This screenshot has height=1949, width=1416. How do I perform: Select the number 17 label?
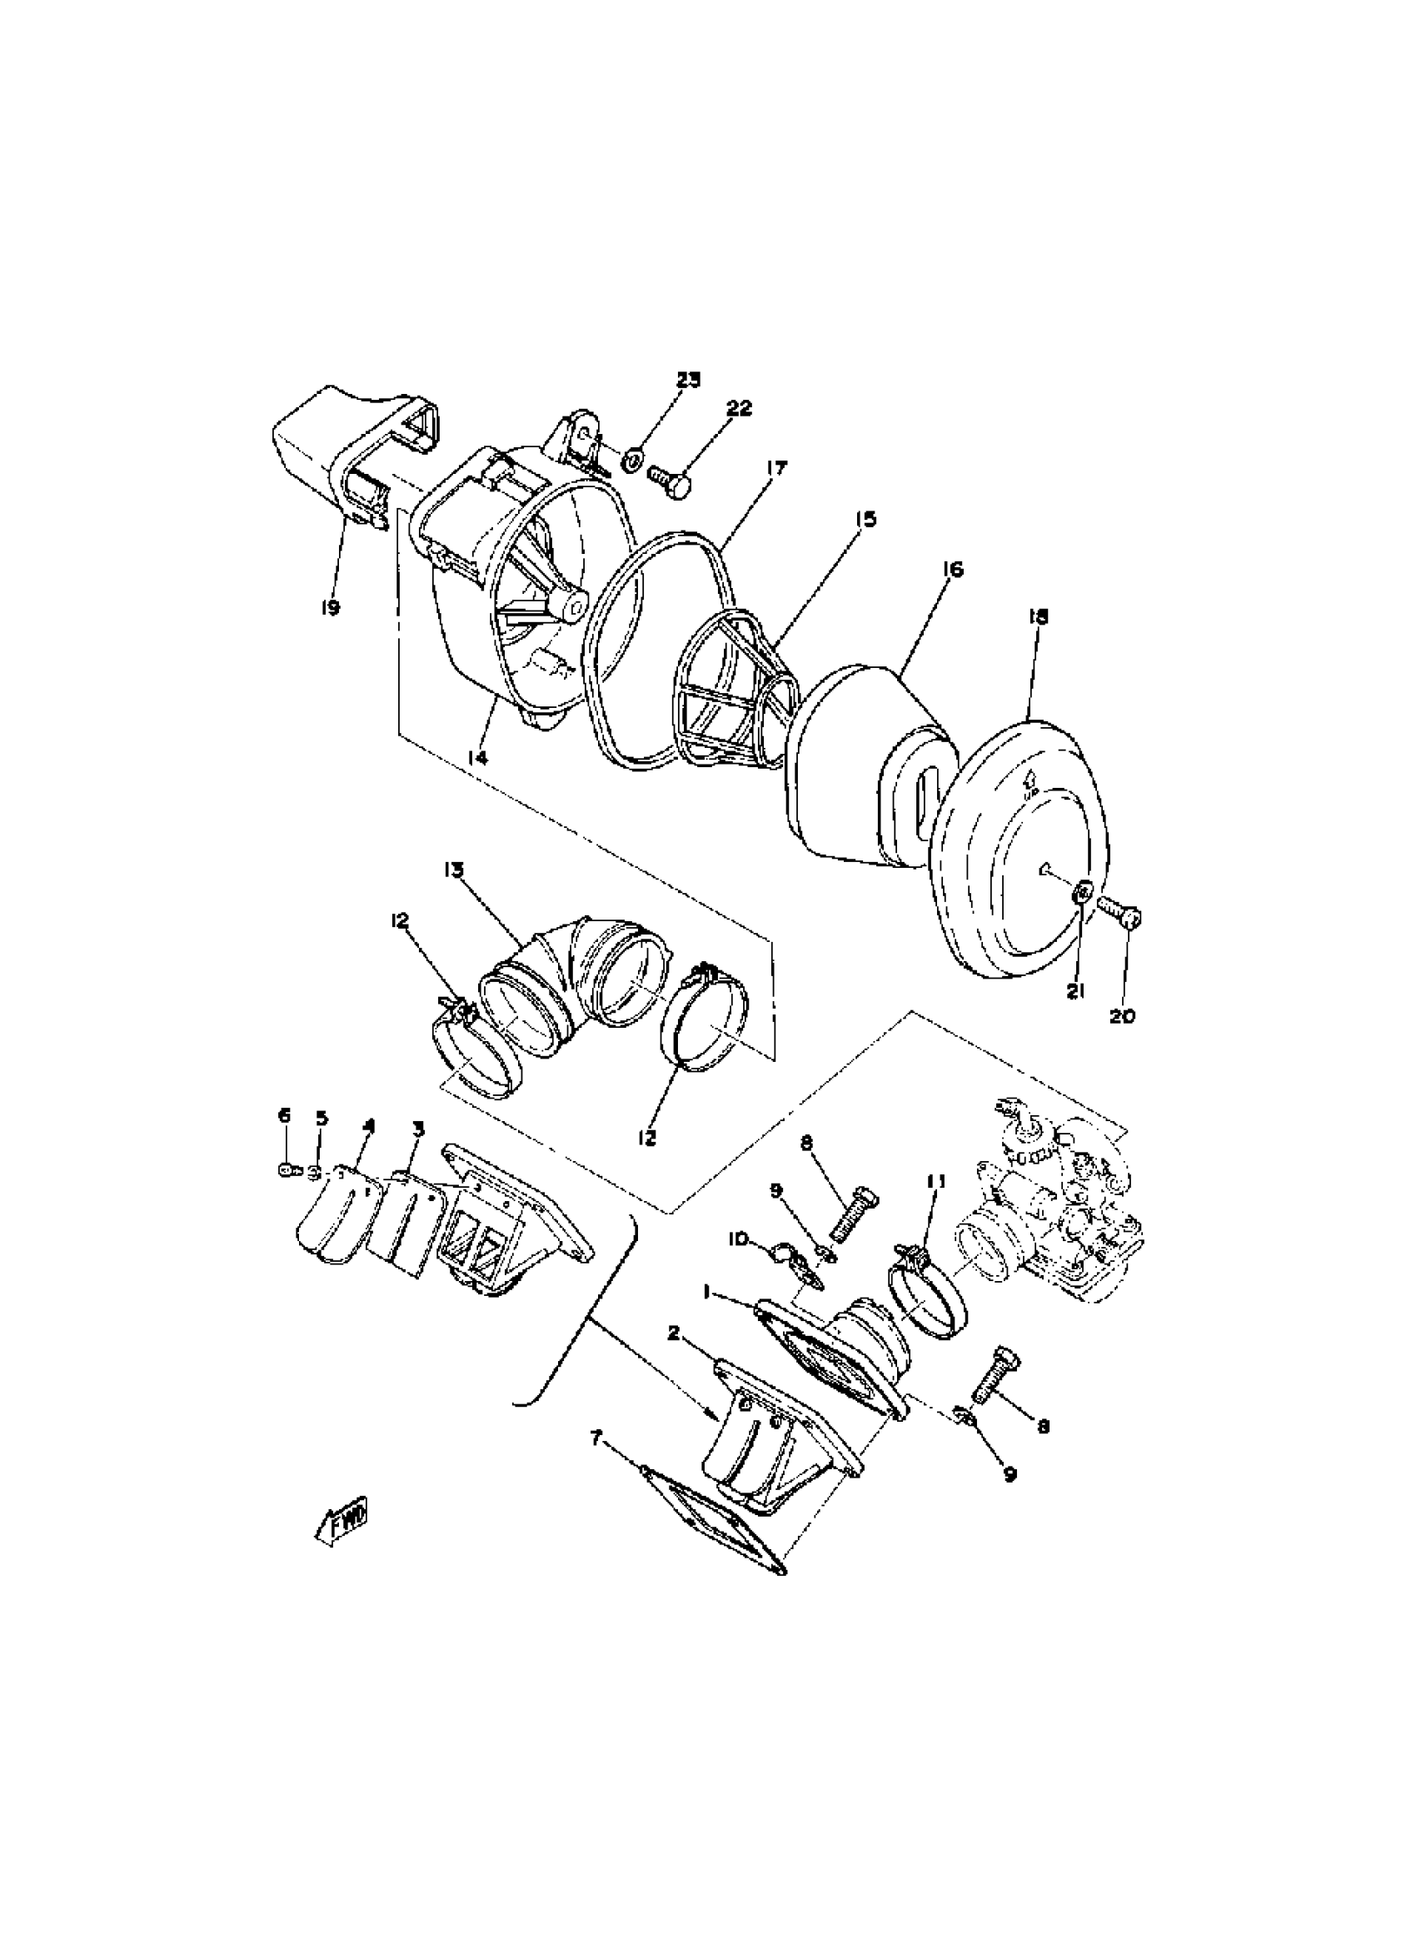[777, 468]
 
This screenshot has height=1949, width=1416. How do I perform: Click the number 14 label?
[478, 756]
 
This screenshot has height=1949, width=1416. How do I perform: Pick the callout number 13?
[454, 870]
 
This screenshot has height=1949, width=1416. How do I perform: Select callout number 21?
[1076, 991]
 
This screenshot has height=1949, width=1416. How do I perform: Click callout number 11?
[935, 1182]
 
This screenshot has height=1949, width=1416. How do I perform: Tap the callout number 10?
[737, 1239]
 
